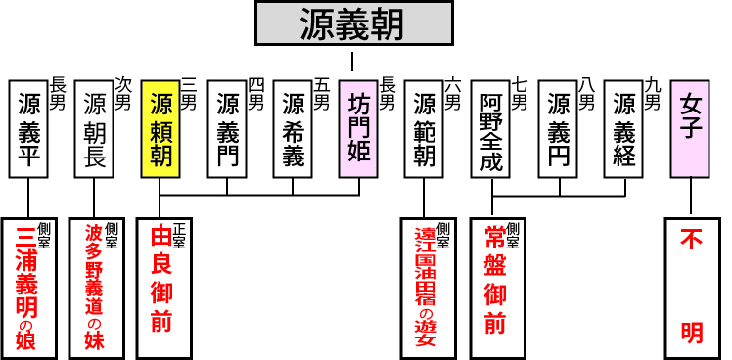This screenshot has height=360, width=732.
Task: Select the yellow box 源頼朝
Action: click(160, 128)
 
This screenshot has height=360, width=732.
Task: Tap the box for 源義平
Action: click(28, 128)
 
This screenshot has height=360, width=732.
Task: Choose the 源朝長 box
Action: click(95, 128)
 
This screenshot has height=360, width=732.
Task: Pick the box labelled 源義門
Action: click(227, 128)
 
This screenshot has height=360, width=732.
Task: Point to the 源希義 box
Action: click(293, 128)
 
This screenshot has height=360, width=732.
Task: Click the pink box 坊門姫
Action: click(358, 128)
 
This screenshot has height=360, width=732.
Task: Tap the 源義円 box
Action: click(557, 128)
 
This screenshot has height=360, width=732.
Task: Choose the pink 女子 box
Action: click(690, 128)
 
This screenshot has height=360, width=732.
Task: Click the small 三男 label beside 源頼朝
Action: click(188, 94)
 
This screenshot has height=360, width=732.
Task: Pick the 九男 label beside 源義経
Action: click(653, 94)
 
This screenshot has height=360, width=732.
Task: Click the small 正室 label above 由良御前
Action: click(179, 235)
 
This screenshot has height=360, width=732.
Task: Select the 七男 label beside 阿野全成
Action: click(519, 94)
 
